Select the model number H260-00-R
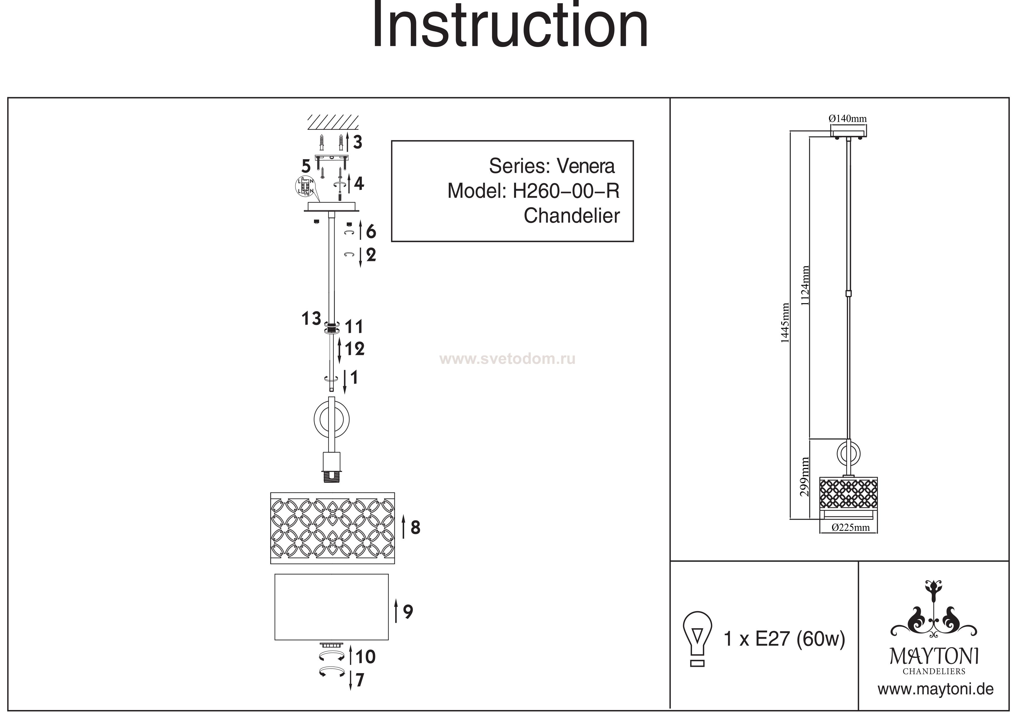pyautogui.click(x=566, y=191)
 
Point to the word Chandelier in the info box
pyautogui.click(x=571, y=216)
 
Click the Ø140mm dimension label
pyautogui.click(x=847, y=119)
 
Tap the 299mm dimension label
pyautogui.click(x=805, y=476)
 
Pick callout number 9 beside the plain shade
pyautogui.click(x=408, y=612)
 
